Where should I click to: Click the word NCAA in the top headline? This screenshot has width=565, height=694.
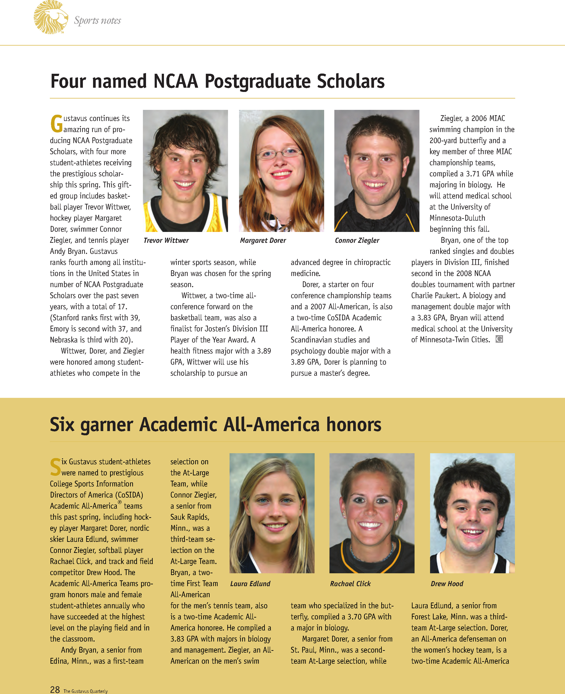click(175, 81)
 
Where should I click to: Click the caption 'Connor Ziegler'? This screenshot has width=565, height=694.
click(357, 240)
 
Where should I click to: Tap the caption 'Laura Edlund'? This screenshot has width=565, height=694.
click(250, 584)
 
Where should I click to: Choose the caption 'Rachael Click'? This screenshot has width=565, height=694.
click(350, 584)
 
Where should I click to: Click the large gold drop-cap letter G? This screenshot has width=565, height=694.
click(56, 124)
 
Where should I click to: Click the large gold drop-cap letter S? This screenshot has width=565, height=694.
click(55, 467)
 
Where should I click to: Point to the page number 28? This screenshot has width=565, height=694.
click(55, 689)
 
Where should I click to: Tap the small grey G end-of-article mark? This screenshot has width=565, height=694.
click(499, 339)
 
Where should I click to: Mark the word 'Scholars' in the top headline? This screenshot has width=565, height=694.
click(351, 81)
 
